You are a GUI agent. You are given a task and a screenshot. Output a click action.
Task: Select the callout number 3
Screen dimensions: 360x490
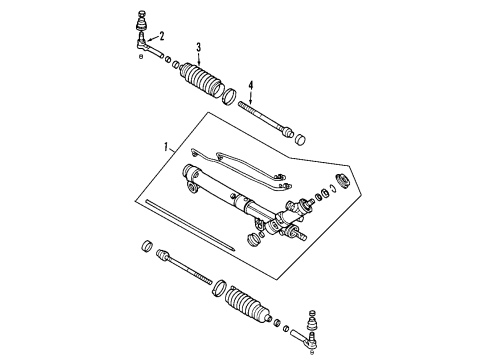coord(199,48)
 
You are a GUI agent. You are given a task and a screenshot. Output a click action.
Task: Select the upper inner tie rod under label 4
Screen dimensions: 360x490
coord(264,117)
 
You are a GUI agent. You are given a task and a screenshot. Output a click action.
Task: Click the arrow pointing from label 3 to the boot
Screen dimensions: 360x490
coord(199,61)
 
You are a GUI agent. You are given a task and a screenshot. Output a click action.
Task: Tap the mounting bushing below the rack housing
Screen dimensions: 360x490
coord(254,239)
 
